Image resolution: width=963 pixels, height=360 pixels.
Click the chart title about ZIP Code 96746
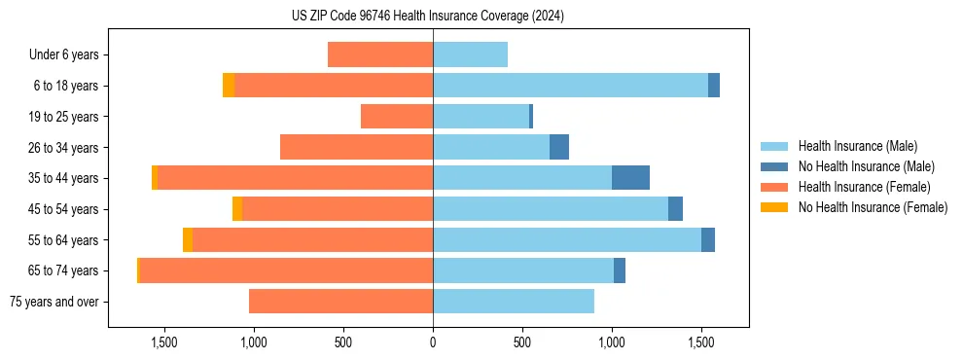pyautogui.click(x=428, y=17)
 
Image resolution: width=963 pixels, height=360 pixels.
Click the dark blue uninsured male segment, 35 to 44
pyautogui.click(x=630, y=178)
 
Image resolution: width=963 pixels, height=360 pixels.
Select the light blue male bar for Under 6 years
pyautogui.click(x=470, y=55)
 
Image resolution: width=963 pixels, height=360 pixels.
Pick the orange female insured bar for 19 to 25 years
pyautogui.click(x=397, y=117)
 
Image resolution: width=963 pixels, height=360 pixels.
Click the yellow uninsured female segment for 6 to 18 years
pyautogui.click(x=229, y=86)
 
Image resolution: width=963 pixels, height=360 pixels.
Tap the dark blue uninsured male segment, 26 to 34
pyautogui.click(x=559, y=147)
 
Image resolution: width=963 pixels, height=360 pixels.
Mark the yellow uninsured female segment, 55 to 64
pyautogui.click(x=188, y=239)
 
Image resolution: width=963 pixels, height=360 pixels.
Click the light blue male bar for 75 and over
pyautogui.click(x=514, y=302)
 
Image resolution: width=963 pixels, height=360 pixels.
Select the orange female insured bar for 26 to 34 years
pyautogui.click(x=356, y=147)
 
